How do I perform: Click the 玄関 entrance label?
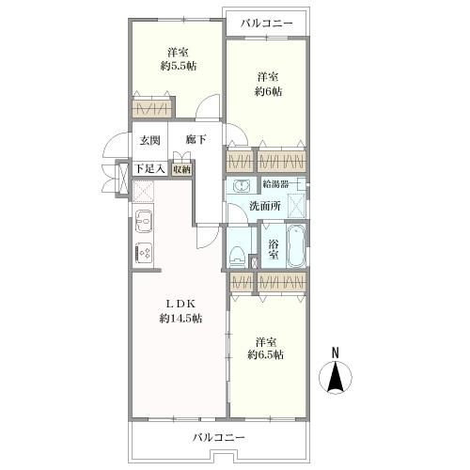149,140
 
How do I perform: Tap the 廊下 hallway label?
196,139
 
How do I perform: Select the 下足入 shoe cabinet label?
149,169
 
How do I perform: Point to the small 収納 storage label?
181,169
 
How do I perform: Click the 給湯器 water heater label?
275,184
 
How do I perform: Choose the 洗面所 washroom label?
265,206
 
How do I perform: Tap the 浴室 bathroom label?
274,249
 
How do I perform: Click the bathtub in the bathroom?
296,246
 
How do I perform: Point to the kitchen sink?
144,221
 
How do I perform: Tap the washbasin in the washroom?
242,186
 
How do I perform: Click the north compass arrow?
335,377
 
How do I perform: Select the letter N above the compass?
336,352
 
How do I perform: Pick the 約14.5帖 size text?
180,319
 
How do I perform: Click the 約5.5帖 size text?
179,66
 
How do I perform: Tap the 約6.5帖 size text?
266,354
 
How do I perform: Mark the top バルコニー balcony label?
267,23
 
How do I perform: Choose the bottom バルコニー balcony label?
218,437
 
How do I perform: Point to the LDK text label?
180,304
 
